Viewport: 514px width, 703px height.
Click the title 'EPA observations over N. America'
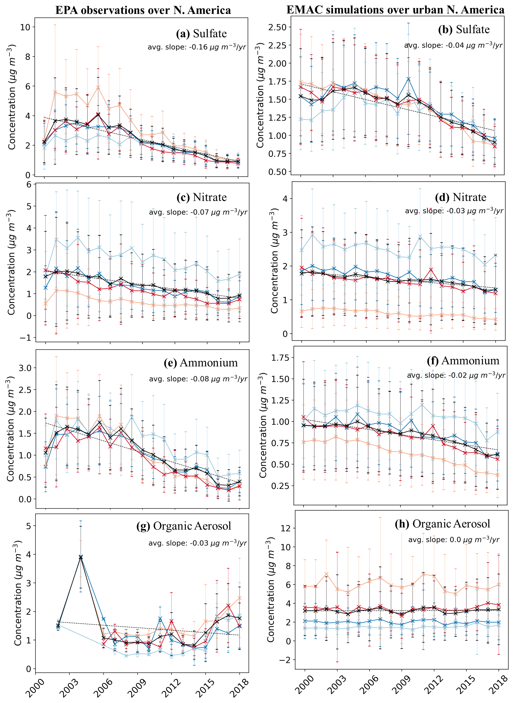tap(143, 10)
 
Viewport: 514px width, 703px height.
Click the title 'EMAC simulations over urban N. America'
tap(395, 10)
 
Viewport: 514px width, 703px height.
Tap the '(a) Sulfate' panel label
tap(201, 34)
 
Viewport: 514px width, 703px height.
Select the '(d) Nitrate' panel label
tap(460, 197)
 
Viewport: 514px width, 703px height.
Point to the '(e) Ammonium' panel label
tap(201, 363)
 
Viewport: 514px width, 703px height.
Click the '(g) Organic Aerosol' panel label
tap(183, 526)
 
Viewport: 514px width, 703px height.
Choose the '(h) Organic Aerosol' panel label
tap(442, 524)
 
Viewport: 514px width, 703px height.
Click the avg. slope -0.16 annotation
tap(197, 47)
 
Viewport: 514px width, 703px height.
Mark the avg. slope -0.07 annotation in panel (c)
tap(198, 212)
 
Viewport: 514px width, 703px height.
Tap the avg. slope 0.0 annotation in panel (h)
tap(454, 540)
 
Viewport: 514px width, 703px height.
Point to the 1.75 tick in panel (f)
tap(280, 358)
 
